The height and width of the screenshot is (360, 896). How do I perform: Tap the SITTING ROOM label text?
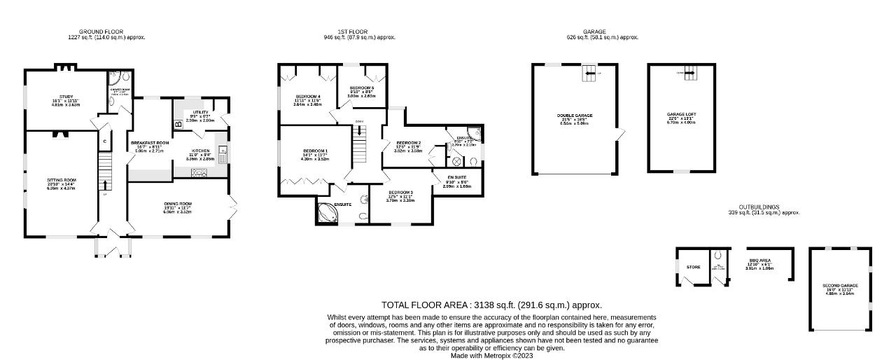tap(62, 180)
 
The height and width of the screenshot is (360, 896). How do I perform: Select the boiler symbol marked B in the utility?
tap(178, 124)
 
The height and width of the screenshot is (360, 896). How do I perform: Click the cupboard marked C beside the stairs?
tap(104, 141)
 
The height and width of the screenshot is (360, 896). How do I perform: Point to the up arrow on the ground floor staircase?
tap(105, 184)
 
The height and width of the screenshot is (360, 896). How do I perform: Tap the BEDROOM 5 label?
tap(363, 88)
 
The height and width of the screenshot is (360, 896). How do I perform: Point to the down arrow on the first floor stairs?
tap(359, 132)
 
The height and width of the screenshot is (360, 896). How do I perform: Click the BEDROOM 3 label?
tap(400, 193)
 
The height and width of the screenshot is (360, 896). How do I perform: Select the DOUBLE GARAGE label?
tap(575, 116)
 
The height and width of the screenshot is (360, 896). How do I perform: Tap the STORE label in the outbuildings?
tap(693, 267)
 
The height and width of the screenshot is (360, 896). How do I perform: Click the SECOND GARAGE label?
tap(840, 286)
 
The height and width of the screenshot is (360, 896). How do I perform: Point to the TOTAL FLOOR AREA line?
tap(491, 305)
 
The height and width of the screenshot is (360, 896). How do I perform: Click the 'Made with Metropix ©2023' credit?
tap(491, 355)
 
